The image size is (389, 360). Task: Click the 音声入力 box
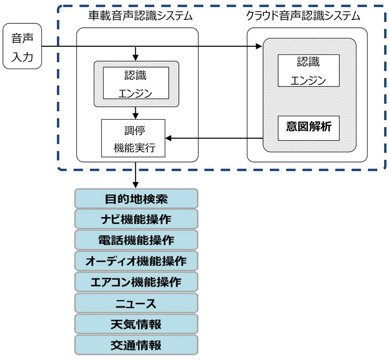pos(22,46)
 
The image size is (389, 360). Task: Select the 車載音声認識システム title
pos(137,16)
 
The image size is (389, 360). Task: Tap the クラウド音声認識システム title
pos(303,16)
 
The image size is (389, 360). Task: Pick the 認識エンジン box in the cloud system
pos(308,71)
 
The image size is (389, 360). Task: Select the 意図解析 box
pos(308,127)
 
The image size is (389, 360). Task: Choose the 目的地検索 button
pos(136,198)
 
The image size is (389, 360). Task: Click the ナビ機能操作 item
pos(136,219)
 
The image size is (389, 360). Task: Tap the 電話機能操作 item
pos(136,240)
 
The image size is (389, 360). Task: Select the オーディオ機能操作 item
pos(136,261)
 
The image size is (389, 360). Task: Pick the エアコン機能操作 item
pos(136,282)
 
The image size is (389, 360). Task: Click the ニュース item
pos(136,304)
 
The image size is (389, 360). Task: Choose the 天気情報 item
pos(136,324)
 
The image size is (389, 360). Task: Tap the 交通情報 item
pos(136,345)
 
